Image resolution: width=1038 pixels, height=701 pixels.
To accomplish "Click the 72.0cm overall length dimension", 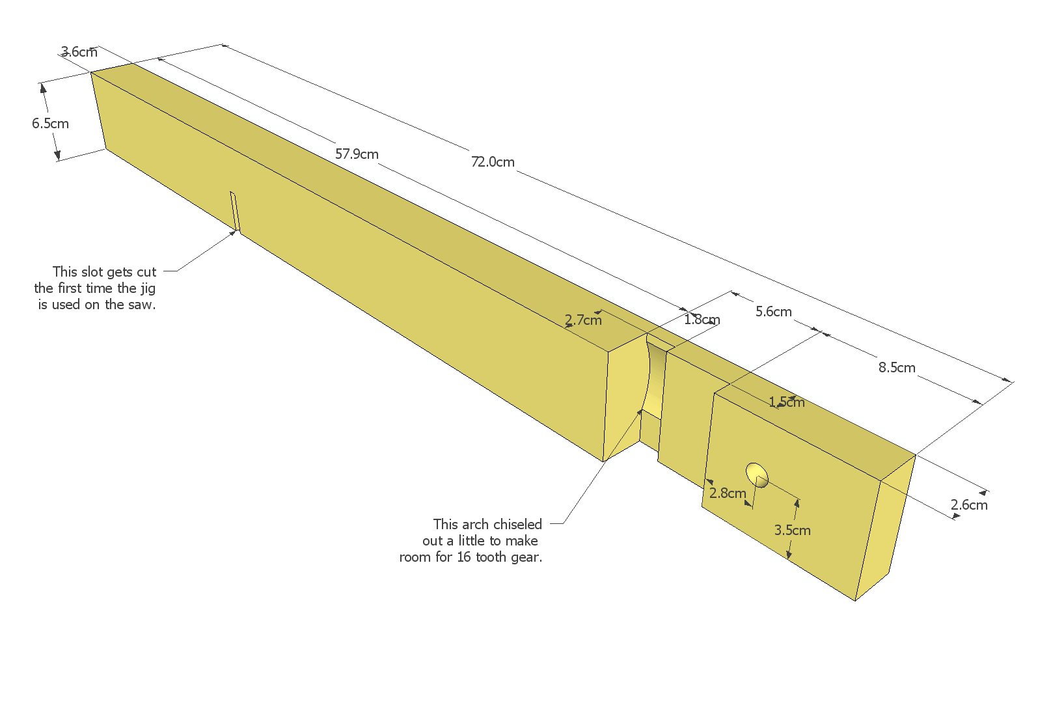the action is (493, 161).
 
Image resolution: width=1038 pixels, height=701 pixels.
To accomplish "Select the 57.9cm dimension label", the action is (357, 154).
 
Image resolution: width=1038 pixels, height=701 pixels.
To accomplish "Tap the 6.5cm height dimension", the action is (50, 123).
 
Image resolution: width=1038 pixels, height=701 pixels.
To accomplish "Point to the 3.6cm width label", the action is (79, 51).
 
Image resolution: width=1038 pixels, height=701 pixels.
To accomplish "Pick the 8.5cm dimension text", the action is (897, 367).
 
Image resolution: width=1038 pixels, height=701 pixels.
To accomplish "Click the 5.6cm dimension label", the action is (773, 311).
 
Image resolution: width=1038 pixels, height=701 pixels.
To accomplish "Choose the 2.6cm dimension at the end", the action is (969, 504).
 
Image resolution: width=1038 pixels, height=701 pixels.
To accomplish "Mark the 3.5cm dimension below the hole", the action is (793, 530).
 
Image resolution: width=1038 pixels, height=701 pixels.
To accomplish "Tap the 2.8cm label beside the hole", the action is (728, 493).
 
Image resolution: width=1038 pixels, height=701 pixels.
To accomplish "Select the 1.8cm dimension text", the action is (702, 320).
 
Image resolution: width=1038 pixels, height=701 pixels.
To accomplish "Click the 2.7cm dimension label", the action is (583, 320).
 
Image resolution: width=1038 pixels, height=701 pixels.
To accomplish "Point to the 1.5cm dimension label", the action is (786, 402).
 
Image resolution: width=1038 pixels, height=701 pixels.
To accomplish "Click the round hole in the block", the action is (757, 475).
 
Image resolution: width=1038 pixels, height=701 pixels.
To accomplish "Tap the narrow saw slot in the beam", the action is (235, 212).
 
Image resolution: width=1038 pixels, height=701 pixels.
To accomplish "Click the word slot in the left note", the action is (92, 271).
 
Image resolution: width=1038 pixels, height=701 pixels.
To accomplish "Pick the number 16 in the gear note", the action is (464, 557).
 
